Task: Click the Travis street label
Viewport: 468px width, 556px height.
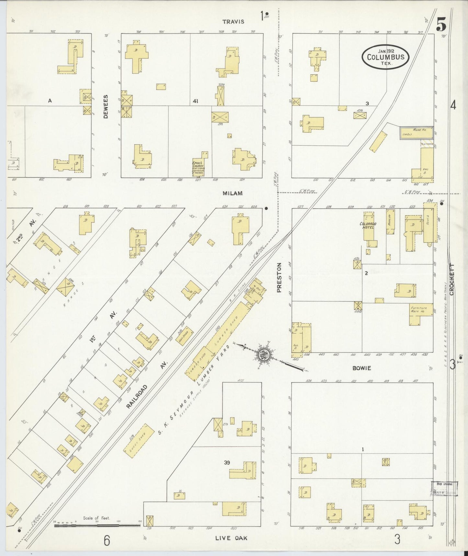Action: coord(233,22)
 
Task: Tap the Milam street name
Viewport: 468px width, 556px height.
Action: coord(233,193)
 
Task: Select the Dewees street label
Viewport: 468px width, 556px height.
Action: coord(106,106)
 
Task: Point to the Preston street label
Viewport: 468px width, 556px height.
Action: coord(279,277)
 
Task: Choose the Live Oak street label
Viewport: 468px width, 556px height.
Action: coord(231,538)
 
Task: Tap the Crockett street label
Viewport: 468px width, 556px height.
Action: coord(452,279)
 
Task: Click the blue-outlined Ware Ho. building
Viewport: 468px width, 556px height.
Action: coord(416,133)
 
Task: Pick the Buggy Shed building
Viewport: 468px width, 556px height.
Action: coord(139,441)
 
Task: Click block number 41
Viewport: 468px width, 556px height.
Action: coord(195,101)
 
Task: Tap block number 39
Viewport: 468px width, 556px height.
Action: coord(227,463)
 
